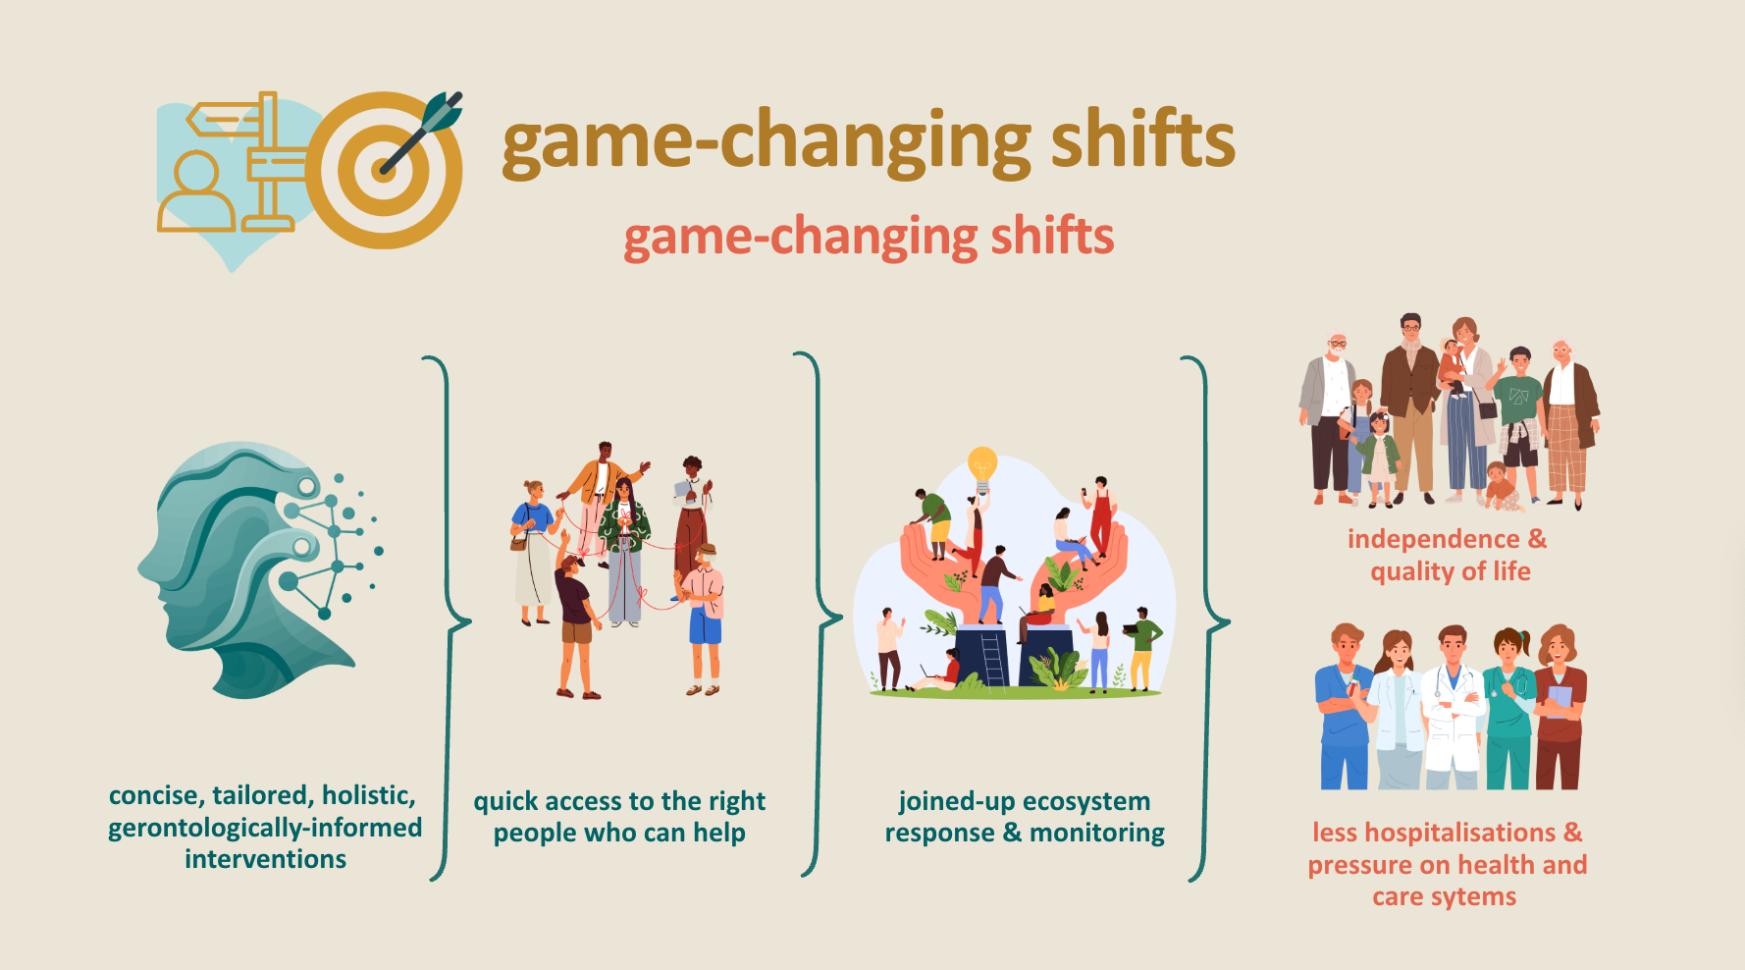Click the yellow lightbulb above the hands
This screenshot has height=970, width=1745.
[x=982, y=469]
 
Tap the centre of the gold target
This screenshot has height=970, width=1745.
[x=384, y=170]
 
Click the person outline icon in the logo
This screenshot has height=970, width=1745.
[x=196, y=190]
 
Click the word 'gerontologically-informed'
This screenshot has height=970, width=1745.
[x=265, y=828]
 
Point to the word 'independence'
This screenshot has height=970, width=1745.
[x=1433, y=539]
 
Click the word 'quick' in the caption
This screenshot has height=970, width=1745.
[x=504, y=802]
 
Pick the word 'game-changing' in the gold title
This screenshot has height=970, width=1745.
[x=767, y=142]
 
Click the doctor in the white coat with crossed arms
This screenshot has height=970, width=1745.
[x=1453, y=707]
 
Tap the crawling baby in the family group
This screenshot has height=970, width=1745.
[x=1503, y=487]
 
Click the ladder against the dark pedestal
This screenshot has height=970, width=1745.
[x=992, y=659]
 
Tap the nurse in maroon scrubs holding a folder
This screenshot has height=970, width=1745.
[x=1559, y=707]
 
